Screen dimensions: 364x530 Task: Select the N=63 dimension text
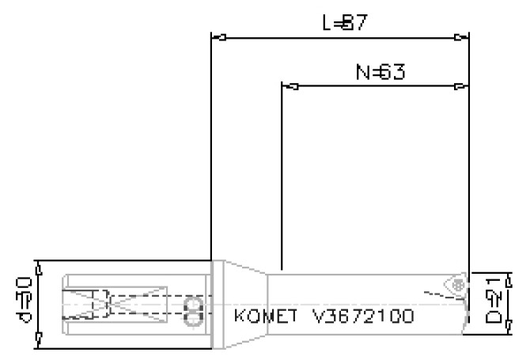click(x=380, y=73)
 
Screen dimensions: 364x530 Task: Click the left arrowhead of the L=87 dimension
click(x=221, y=37)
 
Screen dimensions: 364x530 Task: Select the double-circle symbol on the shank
click(x=192, y=311)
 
